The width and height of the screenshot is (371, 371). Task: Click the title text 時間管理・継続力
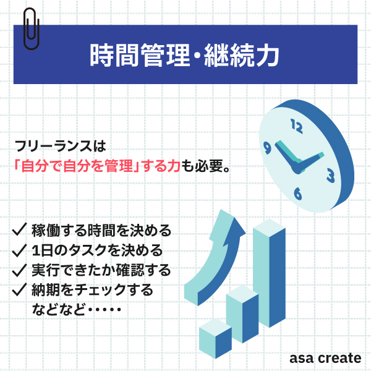coord(184,55)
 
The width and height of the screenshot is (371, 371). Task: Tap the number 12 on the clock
coord(296,126)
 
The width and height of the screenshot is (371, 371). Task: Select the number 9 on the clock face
coord(267,148)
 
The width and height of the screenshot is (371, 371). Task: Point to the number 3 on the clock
coord(331,176)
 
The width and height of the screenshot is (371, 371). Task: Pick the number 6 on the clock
coord(298,194)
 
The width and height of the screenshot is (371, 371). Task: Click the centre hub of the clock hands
coord(297,168)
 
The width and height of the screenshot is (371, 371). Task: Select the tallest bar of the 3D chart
coord(269,273)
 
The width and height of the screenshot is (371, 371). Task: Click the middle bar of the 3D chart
coord(242,314)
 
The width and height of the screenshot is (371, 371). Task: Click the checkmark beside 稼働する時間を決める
coord(19,229)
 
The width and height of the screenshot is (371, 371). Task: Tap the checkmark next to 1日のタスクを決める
coord(19,250)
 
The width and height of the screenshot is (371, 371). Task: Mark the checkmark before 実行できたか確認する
coord(19,270)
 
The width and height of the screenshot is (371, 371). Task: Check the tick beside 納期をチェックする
coord(19,289)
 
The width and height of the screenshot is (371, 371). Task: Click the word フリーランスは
coord(61,146)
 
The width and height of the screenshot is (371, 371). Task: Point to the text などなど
coord(59,309)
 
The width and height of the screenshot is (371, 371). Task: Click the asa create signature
coord(325,358)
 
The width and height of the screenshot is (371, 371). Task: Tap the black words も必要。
coord(205,166)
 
